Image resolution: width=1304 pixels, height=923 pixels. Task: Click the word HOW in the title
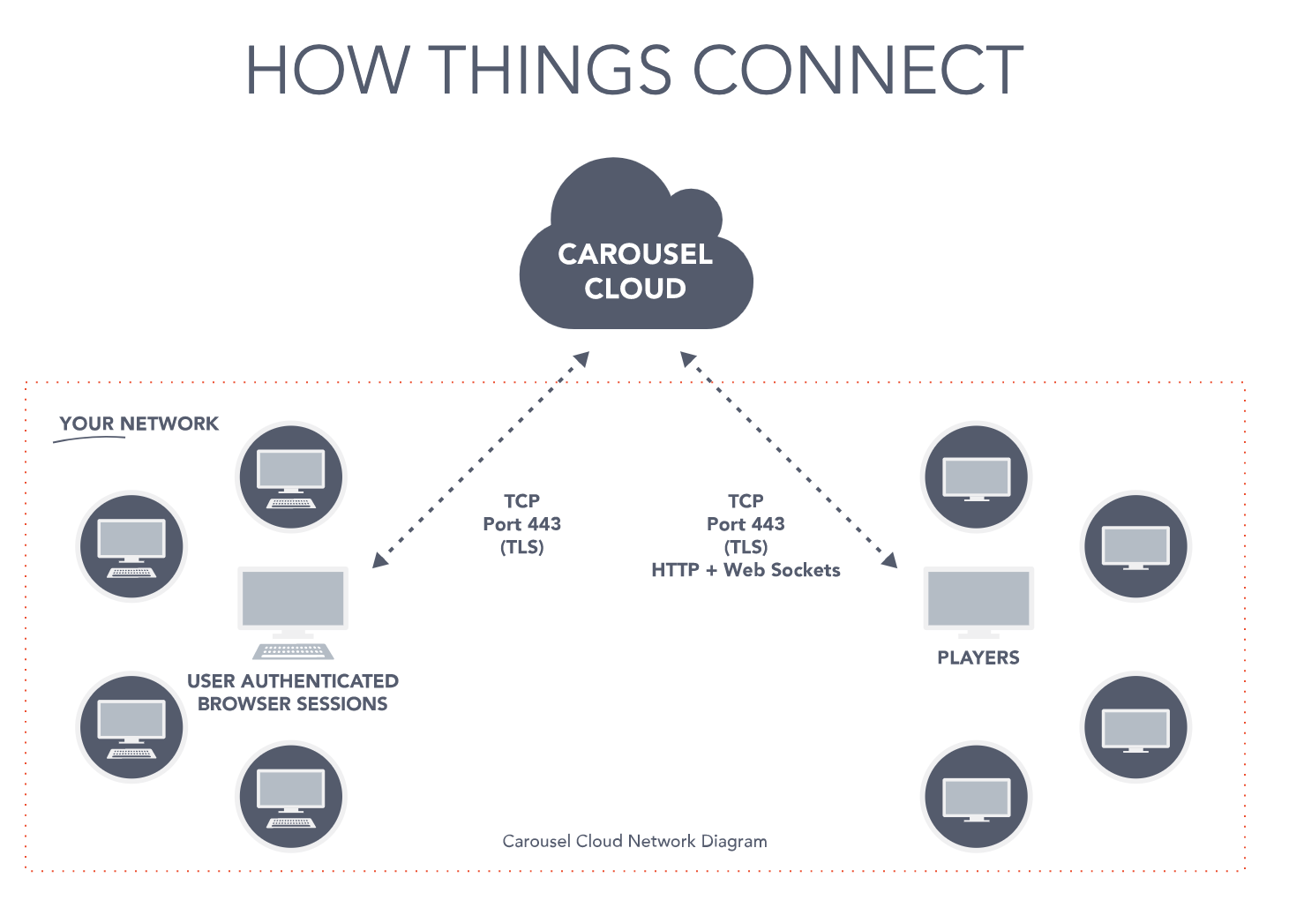(x=327, y=71)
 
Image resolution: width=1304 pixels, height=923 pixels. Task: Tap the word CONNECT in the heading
(x=858, y=71)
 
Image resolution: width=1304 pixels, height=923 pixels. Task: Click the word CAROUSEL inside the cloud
(x=635, y=254)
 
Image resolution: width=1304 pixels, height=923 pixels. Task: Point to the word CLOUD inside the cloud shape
(x=635, y=289)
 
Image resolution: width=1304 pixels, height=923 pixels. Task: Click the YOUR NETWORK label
(x=139, y=424)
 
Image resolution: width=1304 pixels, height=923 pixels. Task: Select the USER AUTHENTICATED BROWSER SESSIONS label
(x=292, y=693)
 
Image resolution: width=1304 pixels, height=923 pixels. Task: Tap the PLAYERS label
(x=978, y=657)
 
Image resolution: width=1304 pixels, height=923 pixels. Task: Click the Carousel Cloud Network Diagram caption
(x=634, y=841)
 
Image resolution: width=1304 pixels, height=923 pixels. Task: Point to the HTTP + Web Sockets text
(x=746, y=570)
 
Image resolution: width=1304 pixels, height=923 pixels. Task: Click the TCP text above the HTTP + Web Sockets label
(x=746, y=501)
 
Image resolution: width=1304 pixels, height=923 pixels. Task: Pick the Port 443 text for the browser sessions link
(x=521, y=524)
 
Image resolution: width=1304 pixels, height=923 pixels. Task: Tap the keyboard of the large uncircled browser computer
(x=293, y=651)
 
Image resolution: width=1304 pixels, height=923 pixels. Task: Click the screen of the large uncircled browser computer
(x=293, y=598)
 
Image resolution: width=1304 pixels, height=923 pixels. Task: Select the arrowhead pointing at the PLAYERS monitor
(x=889, y=559)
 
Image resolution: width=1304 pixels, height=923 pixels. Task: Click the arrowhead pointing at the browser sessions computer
(x=381, y=559)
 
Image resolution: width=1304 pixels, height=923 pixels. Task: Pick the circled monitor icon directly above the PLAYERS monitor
(x=976, y=477)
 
